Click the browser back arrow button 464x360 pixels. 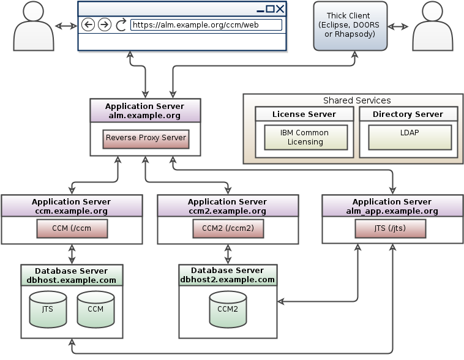pyautogui.click(x=88, y=24)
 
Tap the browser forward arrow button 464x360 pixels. pyautogui.click(x=105, y=24)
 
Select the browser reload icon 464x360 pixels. pyautogui.click(x=121, y=24)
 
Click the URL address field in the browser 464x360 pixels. pyautogui.click(x=206, y=25)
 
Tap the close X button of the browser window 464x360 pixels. pyautogui.click(x=280, y=9)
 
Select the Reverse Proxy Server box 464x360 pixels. pyautogui.click(x=146, y=138)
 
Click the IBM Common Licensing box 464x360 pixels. pyautogui.click(x=305, y=137)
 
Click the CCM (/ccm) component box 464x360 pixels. pyautogui.click(x=72, y=229)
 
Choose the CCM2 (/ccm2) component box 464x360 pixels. pyautogui.click(x=228, y=229)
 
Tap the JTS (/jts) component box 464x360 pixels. pyautogui.click(x=390, y=229)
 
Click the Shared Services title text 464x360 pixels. pyautogui.click(x=356, y=100)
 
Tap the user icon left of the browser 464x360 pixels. pyautogui.click(x=33, y=27)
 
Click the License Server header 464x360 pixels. pyautogui.click(x=304, y=114)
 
